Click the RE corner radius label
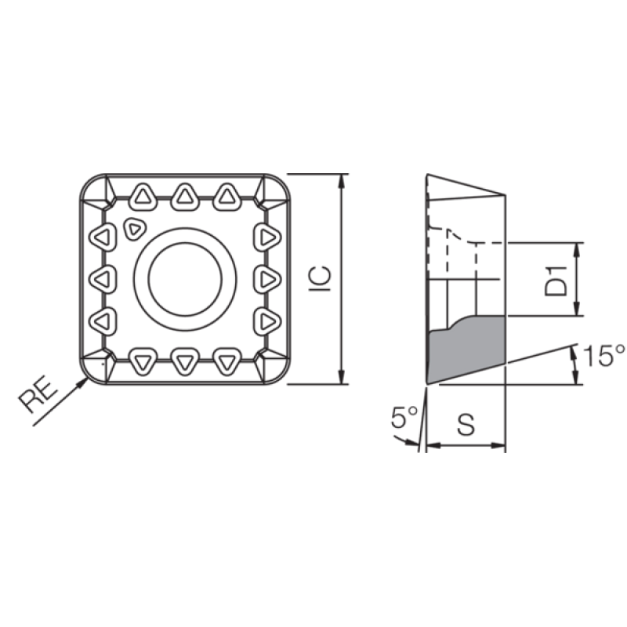(38, 393)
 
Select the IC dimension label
(321, 278)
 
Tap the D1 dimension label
(556, 281)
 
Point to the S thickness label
(466, 424)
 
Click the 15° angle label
(603, 355)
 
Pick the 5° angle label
(404, 417)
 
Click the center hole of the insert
(185, 279)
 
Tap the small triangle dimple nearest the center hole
(135, 230)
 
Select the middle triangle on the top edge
(185, 197)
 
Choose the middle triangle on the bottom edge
(185, 361)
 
